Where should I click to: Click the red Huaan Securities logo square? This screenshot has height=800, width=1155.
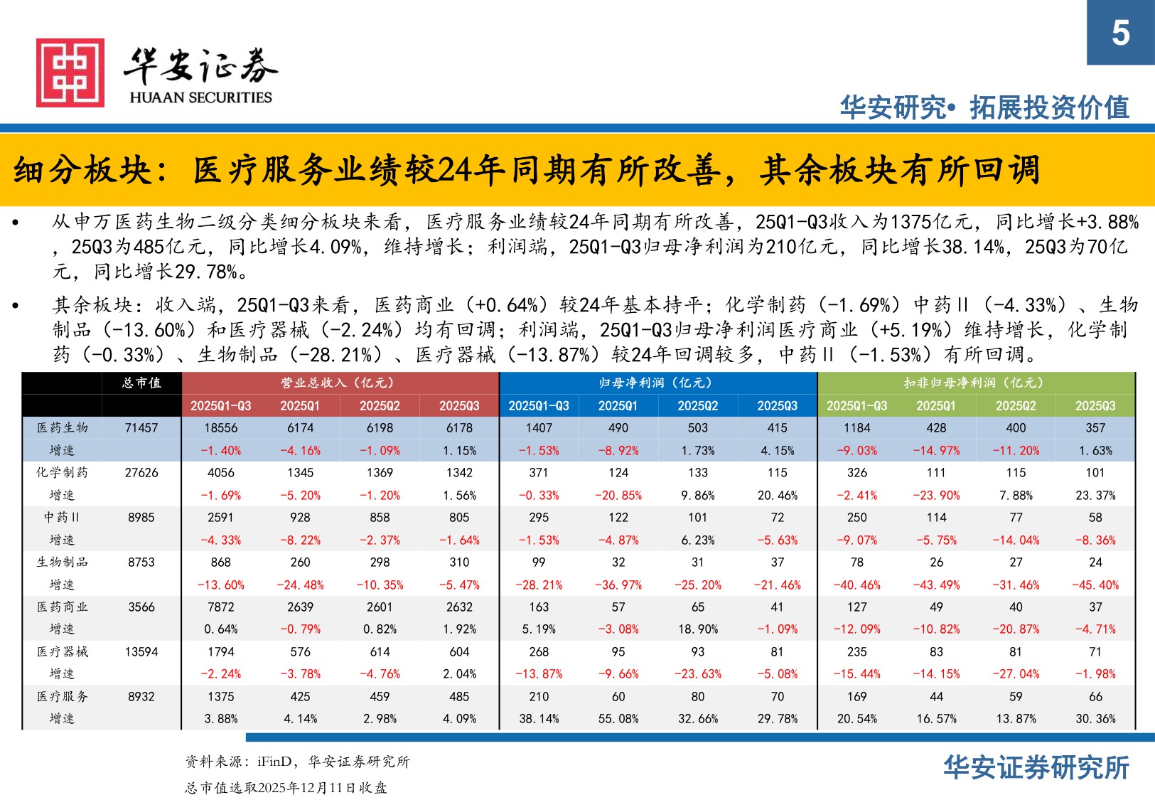pos(70,73)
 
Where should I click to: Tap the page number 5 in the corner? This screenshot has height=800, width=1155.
pos(1120,33)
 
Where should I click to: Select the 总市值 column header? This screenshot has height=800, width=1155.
pos(141,383)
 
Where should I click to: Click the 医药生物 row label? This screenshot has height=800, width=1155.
pos(63,427)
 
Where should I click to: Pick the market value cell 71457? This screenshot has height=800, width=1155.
pos(141,427)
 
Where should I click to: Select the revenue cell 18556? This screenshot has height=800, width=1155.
pos(220,427)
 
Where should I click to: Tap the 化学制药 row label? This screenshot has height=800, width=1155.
pos(63,472)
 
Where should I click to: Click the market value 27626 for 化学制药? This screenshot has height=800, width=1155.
pos(141,472)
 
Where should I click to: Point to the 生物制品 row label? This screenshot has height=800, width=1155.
pos(63,562)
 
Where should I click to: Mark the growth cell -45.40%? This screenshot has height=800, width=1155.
pos(1095,585)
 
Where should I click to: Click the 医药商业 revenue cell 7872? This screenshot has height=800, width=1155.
pos(220,607)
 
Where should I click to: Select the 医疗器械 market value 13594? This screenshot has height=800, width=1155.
pos(141,651)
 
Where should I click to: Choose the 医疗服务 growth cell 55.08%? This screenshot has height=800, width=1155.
pos(618,719)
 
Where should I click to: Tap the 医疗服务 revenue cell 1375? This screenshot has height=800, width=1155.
pos(220,696)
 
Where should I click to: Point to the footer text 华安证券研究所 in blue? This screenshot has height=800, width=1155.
pos(1036,768)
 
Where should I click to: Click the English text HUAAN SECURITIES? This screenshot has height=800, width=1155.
pos(200,97)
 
